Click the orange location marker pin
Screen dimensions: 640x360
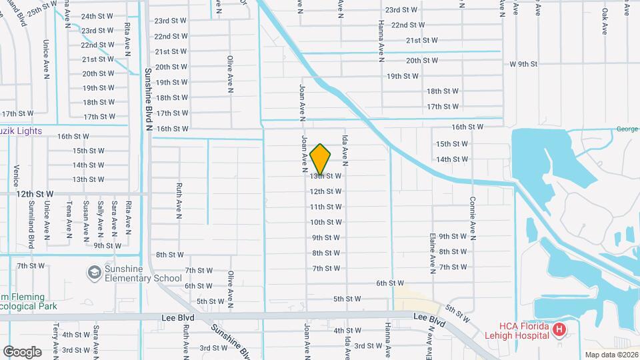pyautogui.click(x=321, y=159)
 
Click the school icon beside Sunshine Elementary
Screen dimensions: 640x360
pyautogui.click(x=95, y=272)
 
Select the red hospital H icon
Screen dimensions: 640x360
pyautogui.click(x=559, y=329)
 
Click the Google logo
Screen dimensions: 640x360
pyautogui.click(x=22, y=351)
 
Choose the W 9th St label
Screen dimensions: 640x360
pyautogui.click(x=523, y=64)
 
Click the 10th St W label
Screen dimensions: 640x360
pyautogui.click(x=326, y=222)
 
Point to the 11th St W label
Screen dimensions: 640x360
pyautogui.click(x=326, y=207)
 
